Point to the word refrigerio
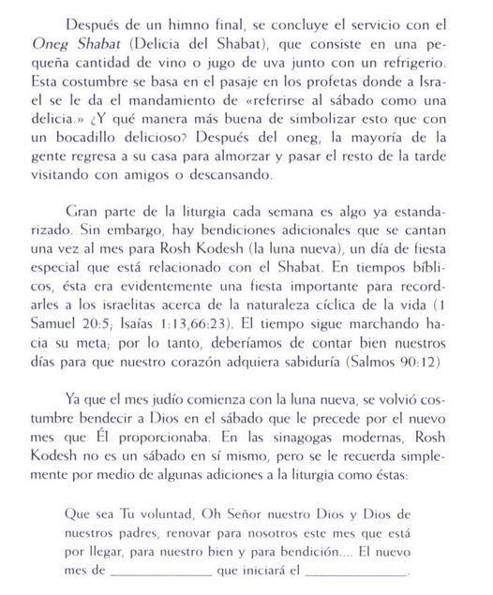tap(402, 64)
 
